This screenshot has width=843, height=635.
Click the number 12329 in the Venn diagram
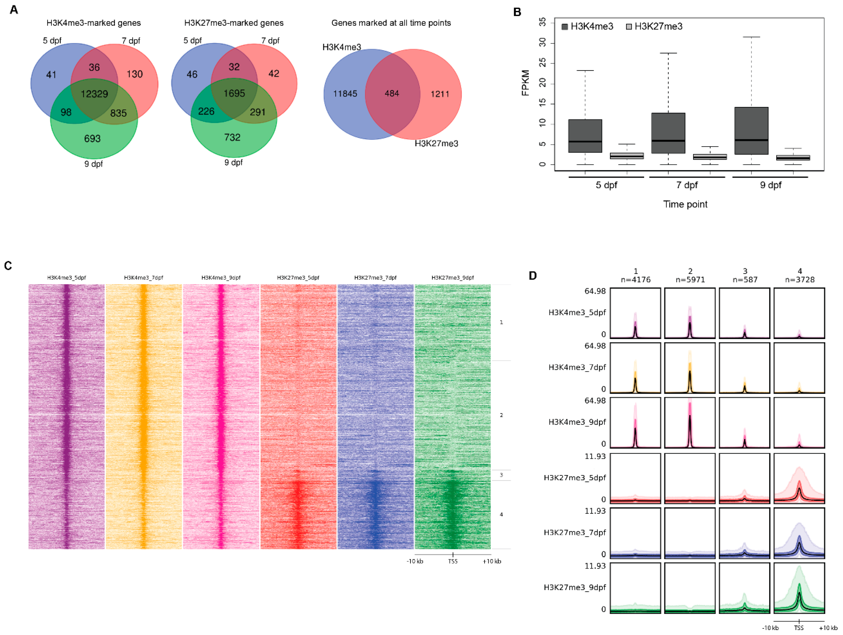tap(94, 94)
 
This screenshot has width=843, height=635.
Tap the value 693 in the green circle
tap(92, 138)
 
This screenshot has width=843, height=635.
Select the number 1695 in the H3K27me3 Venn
tap(234, 93)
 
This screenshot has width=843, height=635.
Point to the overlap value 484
tap(392, 93)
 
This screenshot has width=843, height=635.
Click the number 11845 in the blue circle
tap(345, 94)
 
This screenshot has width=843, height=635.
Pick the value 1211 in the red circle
tap(439, 94)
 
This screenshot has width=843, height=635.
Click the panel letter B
tap(517, 12)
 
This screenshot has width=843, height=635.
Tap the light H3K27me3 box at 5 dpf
tap(627, 156)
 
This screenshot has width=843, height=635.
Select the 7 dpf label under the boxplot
tap(686, 185)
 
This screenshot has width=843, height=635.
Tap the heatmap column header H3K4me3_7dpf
tap(143, 278)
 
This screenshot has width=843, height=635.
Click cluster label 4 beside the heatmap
tap(501, 515)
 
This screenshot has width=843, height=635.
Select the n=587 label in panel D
tap(745, 280)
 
